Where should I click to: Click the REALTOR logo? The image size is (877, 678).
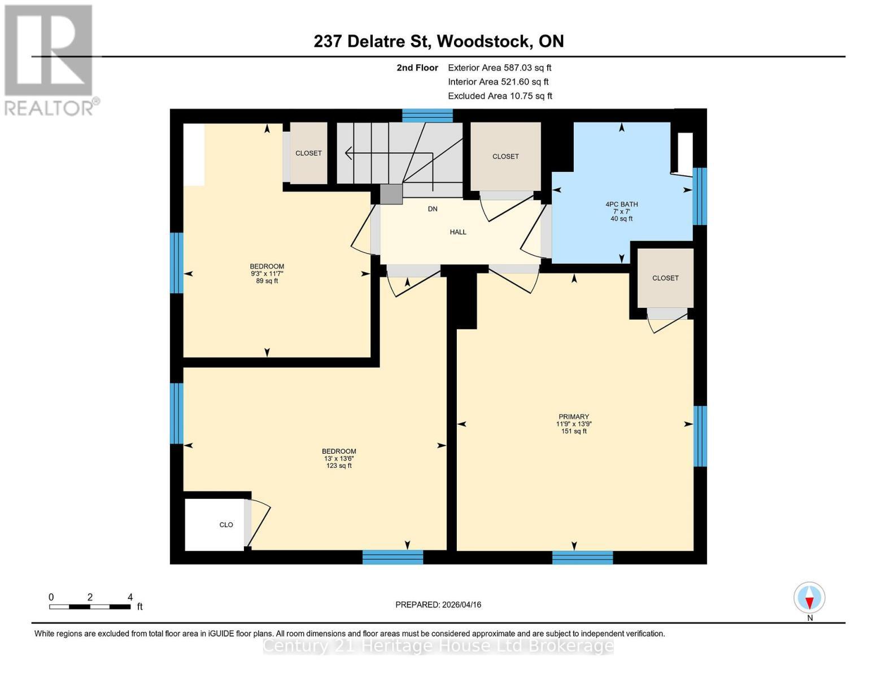click(x=50, y=59)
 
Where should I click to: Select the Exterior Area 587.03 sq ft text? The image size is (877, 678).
click(x=499, y=68)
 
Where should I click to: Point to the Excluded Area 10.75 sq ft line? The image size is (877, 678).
click(x=500, y=96)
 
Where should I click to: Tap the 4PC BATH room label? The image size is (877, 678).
click(x=621, y=205)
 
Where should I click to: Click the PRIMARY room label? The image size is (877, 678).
click(x=574, y=417)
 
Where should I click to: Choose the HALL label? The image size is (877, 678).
click(x=458, y=232)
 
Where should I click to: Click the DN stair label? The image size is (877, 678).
click(x=433, y=209)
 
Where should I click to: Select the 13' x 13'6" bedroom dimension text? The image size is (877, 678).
click(x=339, y=459)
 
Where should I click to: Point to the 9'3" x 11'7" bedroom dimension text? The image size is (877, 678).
click(x=267, y=274)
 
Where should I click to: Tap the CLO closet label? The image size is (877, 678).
click(x=226, y=525)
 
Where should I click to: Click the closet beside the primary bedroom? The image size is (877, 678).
click(x=665, y=278)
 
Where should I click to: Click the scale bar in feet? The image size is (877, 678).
click(x=90, y=607)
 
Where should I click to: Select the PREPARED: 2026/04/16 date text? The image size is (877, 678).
click(x=438, y=605)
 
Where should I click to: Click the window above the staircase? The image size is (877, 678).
click(x=427, y=116)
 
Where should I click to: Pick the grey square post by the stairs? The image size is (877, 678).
click(x=391, y=194)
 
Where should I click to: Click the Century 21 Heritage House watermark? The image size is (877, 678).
click(x=438, y=646)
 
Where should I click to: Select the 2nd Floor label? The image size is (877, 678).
click(x=417, y=68)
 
